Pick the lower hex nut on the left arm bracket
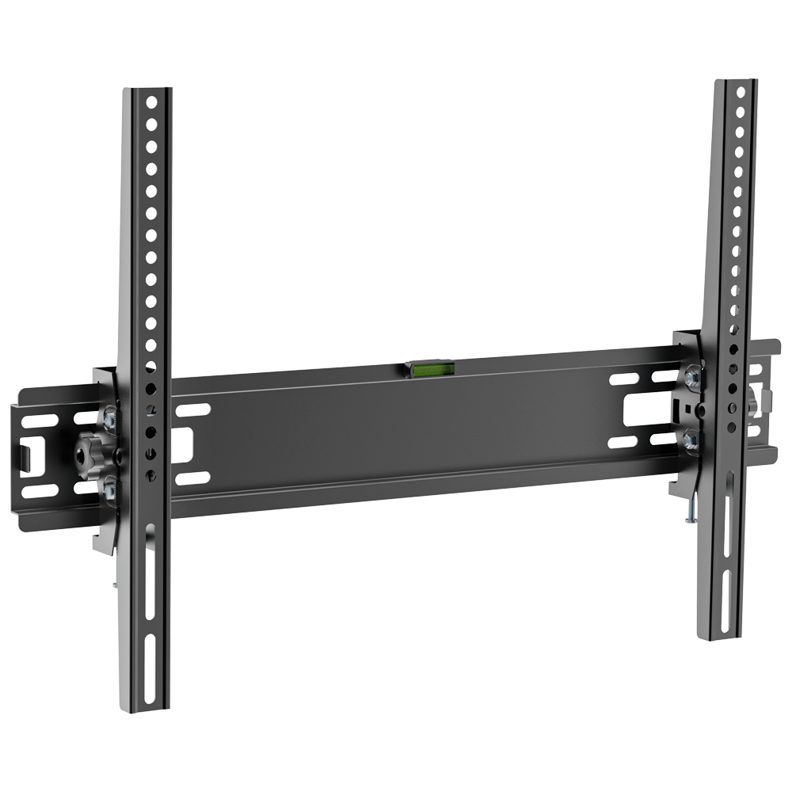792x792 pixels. [108, 489]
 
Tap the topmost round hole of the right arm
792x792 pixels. [741, 92]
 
